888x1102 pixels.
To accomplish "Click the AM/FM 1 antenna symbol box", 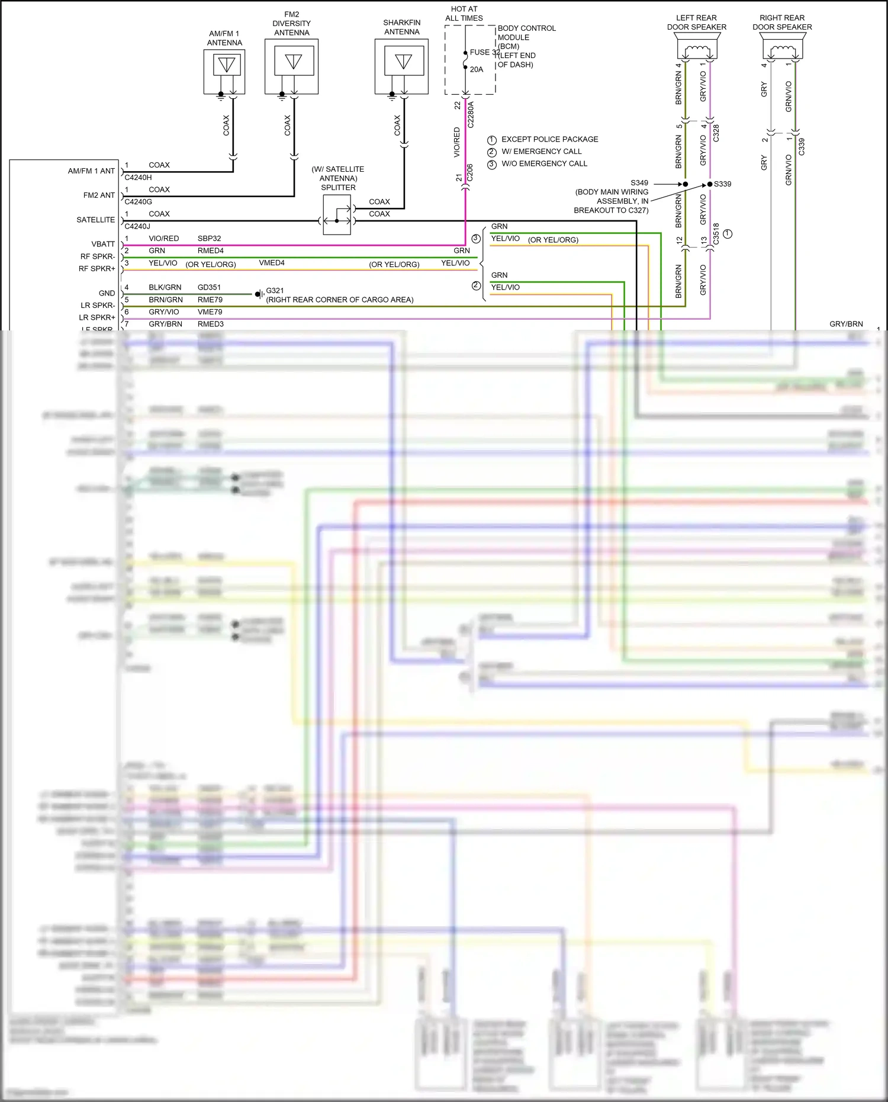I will click(x=224, y=71).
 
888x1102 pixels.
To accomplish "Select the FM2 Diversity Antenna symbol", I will click(x=292, y=66).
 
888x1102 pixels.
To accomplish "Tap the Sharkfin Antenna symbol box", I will click(x=402, y=66).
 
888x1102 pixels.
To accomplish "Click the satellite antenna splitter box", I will click(x=337, y=214).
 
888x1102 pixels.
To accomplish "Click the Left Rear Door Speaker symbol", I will click(x=697, y=46).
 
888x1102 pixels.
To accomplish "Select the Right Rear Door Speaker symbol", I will click(x=782, y=46).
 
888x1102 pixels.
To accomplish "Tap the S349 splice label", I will click(x=639, y=183).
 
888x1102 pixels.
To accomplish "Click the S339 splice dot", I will click(x=710, y=184).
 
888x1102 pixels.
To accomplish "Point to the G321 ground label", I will click(x=275, y=291).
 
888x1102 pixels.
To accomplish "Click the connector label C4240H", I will click(x=138, y=177).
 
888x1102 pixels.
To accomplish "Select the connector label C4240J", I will click(x=137, y=226).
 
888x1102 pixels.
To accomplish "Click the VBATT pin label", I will click(x=103, y=244).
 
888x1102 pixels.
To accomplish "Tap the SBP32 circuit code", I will click(x=209, y=239).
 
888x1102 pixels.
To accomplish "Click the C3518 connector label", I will click(x=716, y=234).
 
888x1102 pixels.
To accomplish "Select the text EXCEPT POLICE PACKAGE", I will click(x=549, y=139).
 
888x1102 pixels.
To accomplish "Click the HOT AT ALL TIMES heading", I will click(x=464, y=14).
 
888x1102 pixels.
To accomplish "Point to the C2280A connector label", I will click(x=471, y=114).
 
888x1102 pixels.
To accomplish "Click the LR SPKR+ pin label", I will click(x=97, y=317).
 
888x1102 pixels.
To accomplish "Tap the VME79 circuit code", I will click(x=210, y=312).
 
